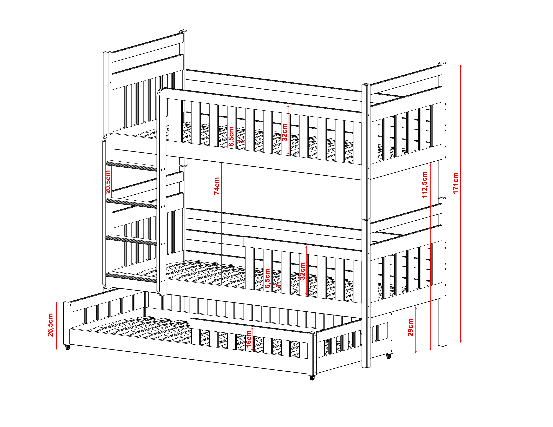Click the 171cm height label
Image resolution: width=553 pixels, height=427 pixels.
pos(456,183)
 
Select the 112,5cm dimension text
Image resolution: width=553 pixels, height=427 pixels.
pos(425,185)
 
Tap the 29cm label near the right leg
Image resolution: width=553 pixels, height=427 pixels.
pos(411,327)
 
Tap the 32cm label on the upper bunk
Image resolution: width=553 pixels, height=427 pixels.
pos(284,132)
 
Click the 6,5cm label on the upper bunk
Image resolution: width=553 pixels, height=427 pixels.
pos(231,137)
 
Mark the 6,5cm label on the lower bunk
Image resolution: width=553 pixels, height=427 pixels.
pos(267,278)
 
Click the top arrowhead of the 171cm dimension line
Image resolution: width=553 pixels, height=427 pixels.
pos(461,66)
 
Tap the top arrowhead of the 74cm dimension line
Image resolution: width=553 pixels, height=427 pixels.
pos(222,165)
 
